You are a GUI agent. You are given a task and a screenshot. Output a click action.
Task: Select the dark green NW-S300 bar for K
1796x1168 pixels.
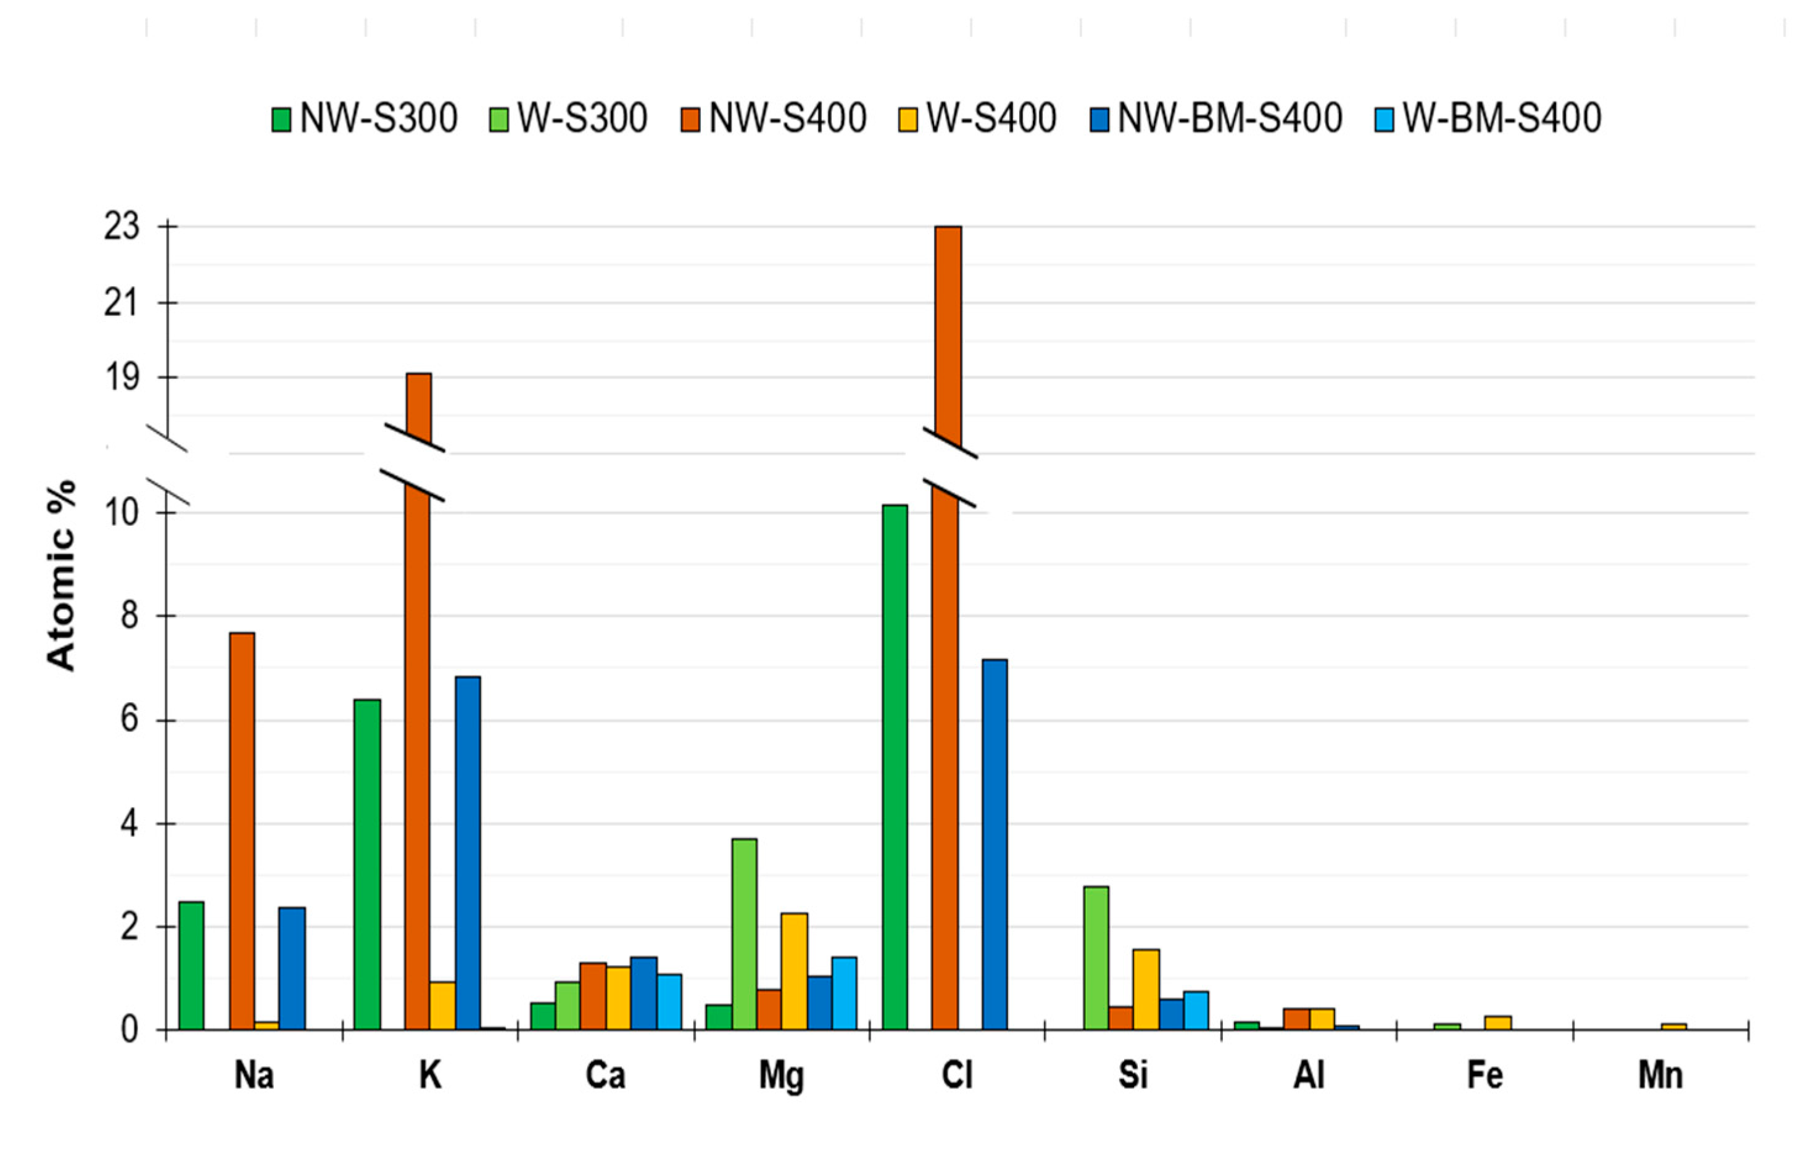[368, 864]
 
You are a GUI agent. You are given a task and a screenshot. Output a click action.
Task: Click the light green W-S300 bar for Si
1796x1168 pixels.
[1096, 958]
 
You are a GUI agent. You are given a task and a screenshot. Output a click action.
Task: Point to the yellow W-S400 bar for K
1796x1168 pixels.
[442, 1005]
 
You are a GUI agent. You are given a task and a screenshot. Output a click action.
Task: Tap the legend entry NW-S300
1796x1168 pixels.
[365, 118]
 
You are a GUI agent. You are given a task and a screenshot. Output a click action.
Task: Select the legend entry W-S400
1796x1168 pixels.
[977, 118]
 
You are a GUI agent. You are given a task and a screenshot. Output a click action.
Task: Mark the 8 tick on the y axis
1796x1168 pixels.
[130, 616]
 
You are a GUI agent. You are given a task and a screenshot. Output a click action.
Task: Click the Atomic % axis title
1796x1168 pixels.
[62, 575]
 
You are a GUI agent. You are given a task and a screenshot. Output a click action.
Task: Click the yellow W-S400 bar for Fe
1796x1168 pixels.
[1498, 1022]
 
